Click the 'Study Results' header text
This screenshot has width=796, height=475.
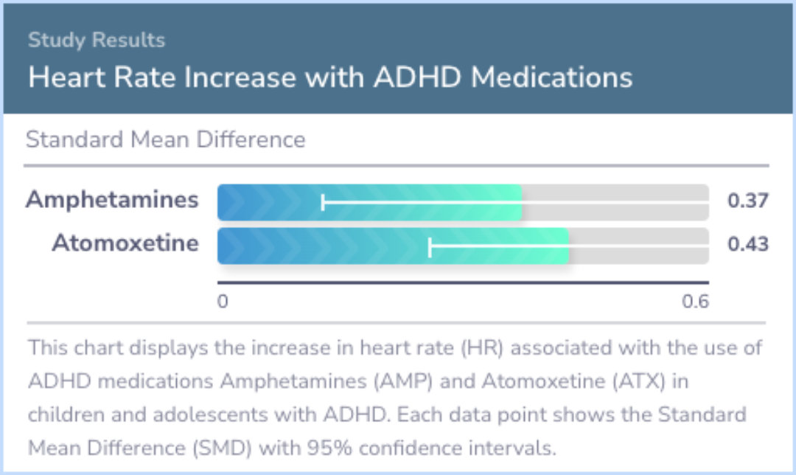[x=97, y=40]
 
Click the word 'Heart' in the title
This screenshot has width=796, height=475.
[x=66, y=77]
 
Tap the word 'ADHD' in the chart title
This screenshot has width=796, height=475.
[x=417, y=77]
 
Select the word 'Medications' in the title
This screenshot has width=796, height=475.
[x=551, y=77]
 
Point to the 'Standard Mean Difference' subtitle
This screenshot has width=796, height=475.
[x=166, y=139]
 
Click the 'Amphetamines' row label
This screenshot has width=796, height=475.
[x=112, y=199]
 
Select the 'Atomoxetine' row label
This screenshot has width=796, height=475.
[x=125, y=243]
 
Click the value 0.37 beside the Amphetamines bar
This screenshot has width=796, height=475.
[x=748, y=200]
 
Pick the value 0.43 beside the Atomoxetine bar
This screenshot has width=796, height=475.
[x=748, y=244]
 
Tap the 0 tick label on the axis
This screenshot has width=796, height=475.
[x=223, y=302]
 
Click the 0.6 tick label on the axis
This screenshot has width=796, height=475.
[x=695, y=302]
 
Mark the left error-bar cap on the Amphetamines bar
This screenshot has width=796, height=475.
[x=323, y=202]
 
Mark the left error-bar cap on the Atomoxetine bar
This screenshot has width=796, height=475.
[x=430, y=246]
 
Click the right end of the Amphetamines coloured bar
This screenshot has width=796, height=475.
[x=521, y=202]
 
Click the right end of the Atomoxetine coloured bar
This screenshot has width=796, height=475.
[x=568, y=246]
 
